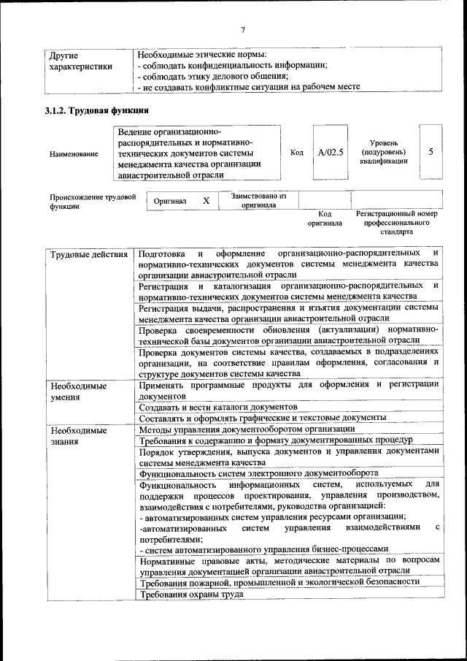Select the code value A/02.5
331,153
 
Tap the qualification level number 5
431,152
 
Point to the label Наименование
74,154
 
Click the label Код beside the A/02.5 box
297,153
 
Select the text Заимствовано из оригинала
259,201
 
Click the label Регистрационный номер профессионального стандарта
397,222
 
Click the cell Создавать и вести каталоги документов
217,406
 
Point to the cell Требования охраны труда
191,594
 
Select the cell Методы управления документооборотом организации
236,429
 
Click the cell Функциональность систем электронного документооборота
258,473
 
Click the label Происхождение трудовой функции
93,202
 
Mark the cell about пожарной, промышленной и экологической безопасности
279,581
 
